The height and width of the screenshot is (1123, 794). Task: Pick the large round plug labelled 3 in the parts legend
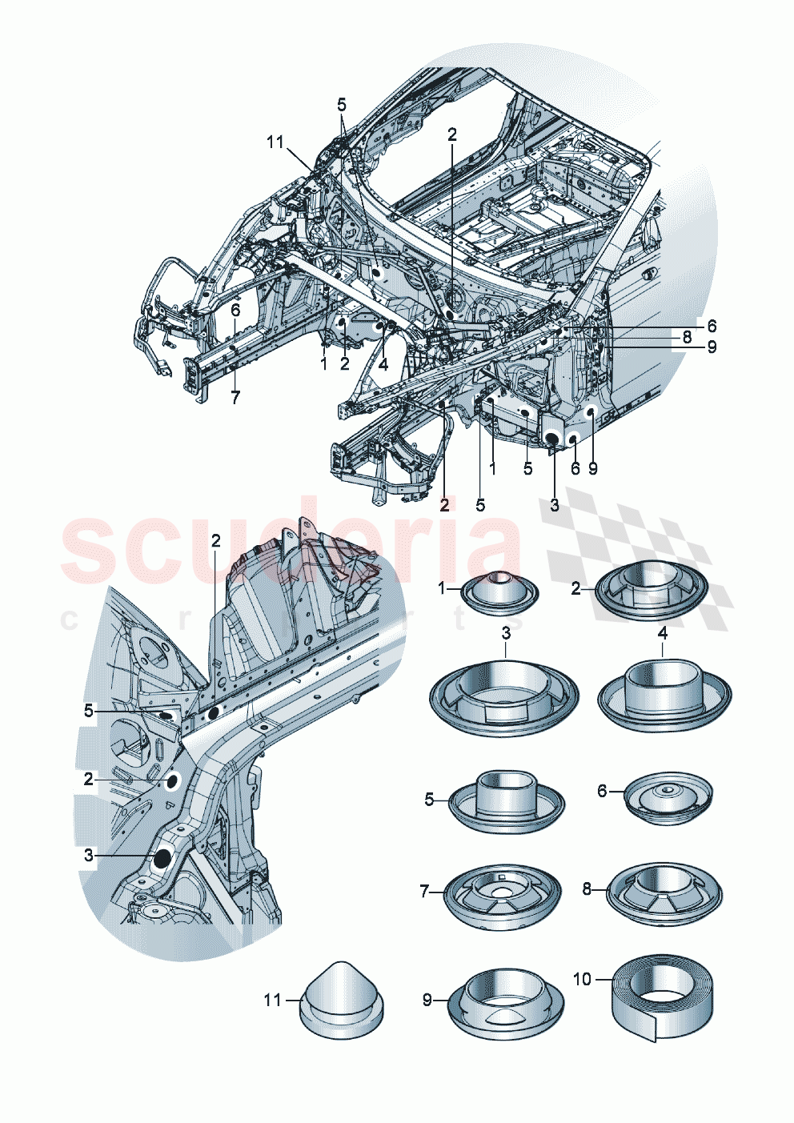pyautogui.click(x=505, y=696)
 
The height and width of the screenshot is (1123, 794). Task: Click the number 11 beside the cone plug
pyautogui.click(x=273, y=1000)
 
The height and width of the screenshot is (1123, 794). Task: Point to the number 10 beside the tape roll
pyautogui.click(x=582, y=979)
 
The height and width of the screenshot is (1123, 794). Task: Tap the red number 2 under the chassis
pyautogui.click(x=444, y=504)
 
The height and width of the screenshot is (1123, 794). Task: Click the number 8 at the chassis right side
pyautogui.click(x=687, y=338)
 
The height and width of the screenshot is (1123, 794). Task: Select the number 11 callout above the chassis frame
pyautogui.click(x=275, y=142)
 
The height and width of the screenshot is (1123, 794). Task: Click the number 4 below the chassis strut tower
pyautogui.click(x=383, y=364)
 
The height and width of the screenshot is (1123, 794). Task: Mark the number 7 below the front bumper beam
pyautogui.click(x=235, y=398)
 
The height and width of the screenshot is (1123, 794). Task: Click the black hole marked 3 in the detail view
pyautogui.click(x=162, y=858)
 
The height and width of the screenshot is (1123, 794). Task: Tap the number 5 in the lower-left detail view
pyautogui.click(x=89, y=711)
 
